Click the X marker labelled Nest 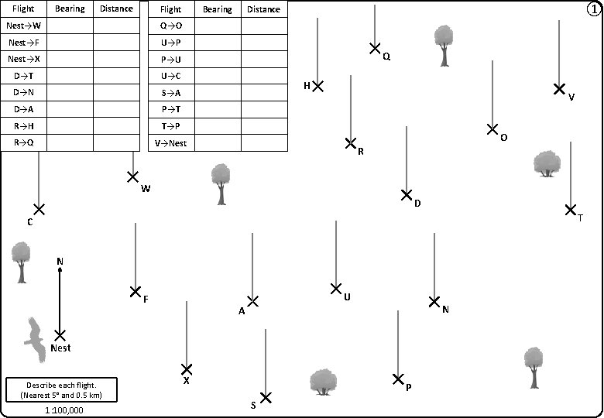pyautogui.click(x=60, y=335)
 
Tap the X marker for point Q pyautogui.click(x=375, y=49)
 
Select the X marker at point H pyautogui.click(x=317, y=85)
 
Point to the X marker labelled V pyautogui.click(x=559, y=89)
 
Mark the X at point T pyautogui.click(x=571, y=210)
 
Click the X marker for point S pyautogui.click(x=266, y=398)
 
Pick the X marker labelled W pyautogui.click(x=133, y=177)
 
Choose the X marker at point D pyautogui.click(x=407, y=195)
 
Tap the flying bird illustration pyautogui.click(x=33, y=339)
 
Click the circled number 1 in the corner pyautogui.click(x=593, y=9)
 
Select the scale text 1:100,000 pyautogui.click(x=64, y=410)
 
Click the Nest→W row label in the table pyautogui.click(x=24, y=26)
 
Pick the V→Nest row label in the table pyautogui.click(x=171, y=143)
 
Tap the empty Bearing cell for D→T pyautogui.click(x=70, y=76)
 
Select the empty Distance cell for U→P pyautogui.click(x=263, y=43)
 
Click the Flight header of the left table pyautogui.click(x=24, y=9)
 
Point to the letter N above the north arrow pyautogui.click(x=60, y=262)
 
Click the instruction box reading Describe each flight pyautogui.click(x=61, y=389)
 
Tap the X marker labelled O pyautogui.click(x=492, y=129)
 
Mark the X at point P pyautogui.click(x=398, y=379)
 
